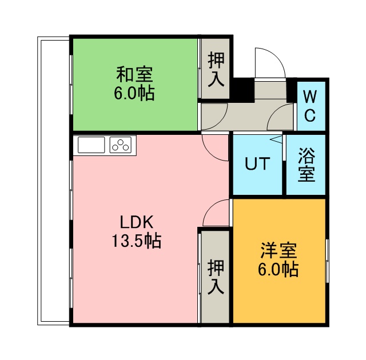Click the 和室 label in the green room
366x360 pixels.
(134, 74)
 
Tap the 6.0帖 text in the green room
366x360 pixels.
(134, 93)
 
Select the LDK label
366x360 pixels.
(137, 222)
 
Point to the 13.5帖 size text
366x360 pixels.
(137, 241)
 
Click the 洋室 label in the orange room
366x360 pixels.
(279, 251)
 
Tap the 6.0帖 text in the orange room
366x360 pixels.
(279, 269)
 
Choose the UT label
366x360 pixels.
(257, 163)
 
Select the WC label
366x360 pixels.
(310, 106)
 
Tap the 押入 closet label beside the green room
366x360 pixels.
(216, 69)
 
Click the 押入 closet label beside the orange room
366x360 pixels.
(216, 277)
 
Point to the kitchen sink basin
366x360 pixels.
(91, 145)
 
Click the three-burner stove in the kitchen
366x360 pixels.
(121, 145)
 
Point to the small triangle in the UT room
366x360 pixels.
(276, 139)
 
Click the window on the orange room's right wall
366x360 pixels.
(328, 261)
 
